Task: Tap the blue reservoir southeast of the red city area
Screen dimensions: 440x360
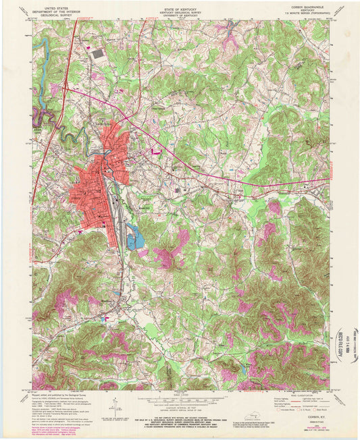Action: [x=135, y=238]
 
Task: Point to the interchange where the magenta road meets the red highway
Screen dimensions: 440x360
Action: [x=65, y=87]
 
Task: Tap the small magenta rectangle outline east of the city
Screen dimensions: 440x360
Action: [x=156, y=153]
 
